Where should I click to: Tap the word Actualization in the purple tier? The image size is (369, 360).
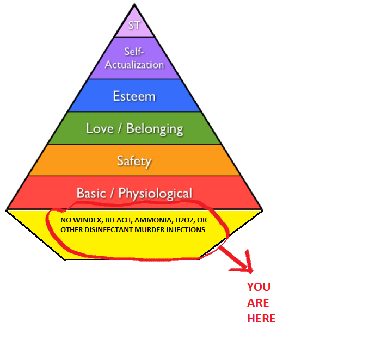click(134, 65)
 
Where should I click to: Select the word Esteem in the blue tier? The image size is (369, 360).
click(134, 96)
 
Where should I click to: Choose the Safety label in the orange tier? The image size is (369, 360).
click(134, 161)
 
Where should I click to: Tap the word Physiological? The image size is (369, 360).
click(155, 194)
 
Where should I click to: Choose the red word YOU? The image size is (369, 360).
click(259, 287)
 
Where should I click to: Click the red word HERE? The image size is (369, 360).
click(261, 319)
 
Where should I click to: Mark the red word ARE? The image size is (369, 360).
click(258, 303)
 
